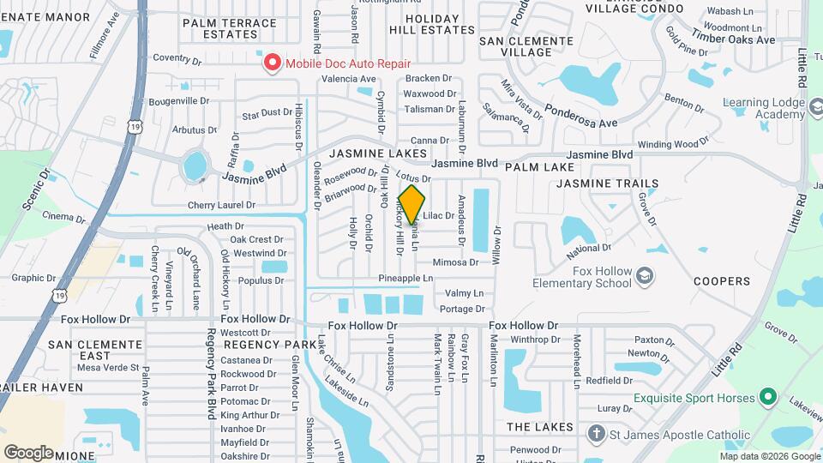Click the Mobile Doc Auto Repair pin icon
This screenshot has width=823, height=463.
pos(273,63)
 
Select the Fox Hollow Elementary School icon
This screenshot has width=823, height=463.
pos(645,274)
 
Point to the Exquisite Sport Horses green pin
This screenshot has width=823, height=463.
pos(768,398)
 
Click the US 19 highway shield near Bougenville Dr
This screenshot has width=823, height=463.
pos(135,126)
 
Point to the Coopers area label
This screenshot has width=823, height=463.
pos(721,281)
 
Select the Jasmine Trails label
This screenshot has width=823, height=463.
pos(607,183)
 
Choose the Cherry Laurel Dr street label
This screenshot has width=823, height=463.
pos(221,205)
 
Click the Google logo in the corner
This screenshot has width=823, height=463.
pos(28,452)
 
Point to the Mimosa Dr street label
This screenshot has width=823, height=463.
pos(456,262)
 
